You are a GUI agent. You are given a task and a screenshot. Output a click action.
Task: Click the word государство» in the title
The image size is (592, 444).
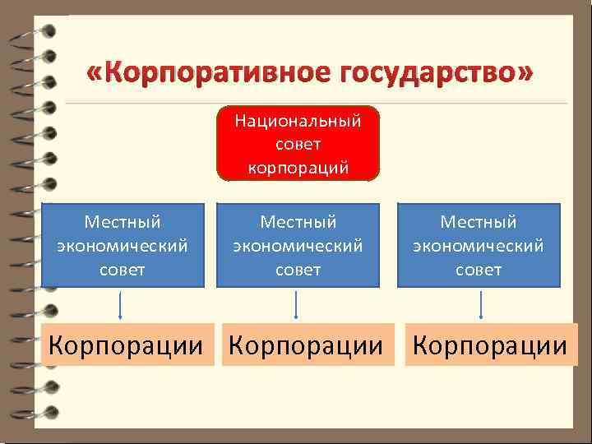click(x=424, y=74)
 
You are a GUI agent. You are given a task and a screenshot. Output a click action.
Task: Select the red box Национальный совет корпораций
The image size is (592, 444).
click(x=298, y=144)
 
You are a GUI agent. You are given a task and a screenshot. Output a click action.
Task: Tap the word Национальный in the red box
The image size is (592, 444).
click(x=298, y=122)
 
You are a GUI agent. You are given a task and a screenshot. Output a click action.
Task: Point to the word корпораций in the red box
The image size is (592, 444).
click(x=298, y=168)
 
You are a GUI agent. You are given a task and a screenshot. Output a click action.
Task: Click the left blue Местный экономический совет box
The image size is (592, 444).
click(x=123, y=245)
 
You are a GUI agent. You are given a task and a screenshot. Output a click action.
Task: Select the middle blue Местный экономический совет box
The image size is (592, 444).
click(x=298, y=245)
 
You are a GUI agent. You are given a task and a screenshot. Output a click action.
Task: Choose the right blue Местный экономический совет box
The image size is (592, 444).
click(x=479, y=245)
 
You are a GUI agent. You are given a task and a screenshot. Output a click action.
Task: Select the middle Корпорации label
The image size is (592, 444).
click(x=306, y=345)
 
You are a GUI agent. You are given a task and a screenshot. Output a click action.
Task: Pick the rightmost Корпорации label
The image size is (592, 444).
click(x=490, y=345)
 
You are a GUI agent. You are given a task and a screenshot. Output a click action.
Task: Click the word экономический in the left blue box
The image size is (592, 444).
click(x=123, y=245)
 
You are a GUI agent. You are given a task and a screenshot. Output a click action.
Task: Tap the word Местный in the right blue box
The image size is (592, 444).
click(x=479, y=222)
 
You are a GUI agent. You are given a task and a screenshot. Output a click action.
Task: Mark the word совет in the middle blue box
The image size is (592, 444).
click(x=298, y=269)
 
